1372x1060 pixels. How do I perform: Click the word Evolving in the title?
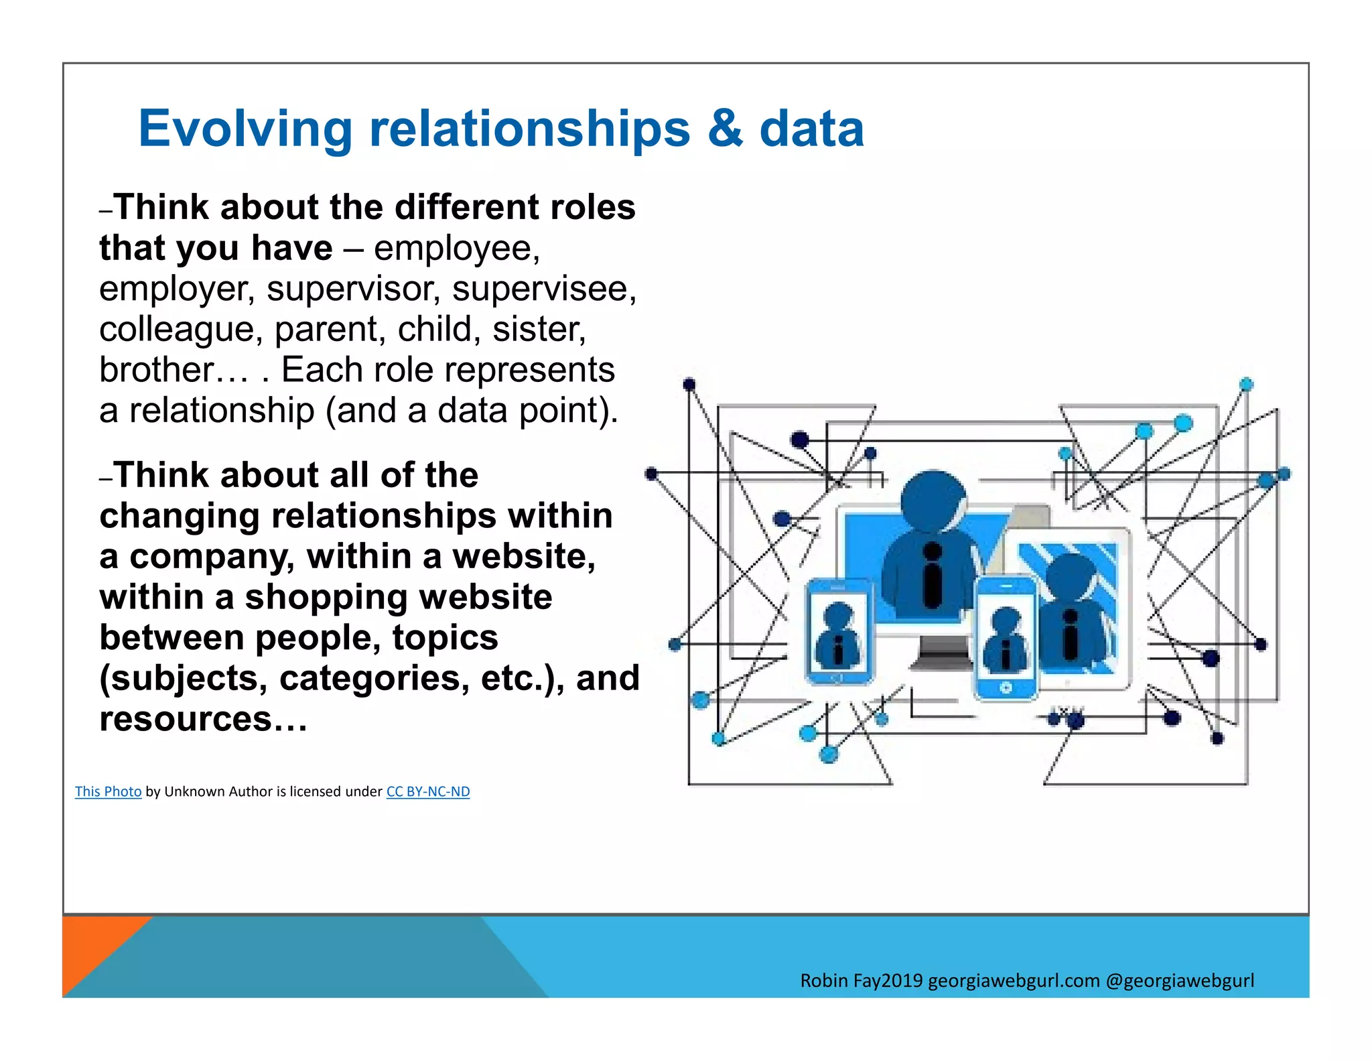click(x=245, y=129)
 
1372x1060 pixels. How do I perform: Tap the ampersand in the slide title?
click(x=724, y=129)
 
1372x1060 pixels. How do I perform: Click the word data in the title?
click(x=811, y=129)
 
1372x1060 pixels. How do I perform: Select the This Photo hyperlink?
click(x=108, y=791)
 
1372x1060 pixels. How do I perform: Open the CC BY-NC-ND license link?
click(x=427, y=791)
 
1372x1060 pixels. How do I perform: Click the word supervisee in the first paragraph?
click(x=543, y=289)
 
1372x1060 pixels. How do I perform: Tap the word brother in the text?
click(x=157, y=370)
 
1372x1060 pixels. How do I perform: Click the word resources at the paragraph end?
click(x=186, y=719)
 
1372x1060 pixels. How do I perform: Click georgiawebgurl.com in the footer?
click(x=1014, y=981)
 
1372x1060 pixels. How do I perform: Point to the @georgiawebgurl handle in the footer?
click(x=1180, y=981)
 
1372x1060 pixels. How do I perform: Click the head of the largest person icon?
click(x=933, y=501)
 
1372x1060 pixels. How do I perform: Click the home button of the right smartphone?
click(x=1005, y=688)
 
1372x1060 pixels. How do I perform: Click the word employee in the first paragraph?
click(x=456, y=249)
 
